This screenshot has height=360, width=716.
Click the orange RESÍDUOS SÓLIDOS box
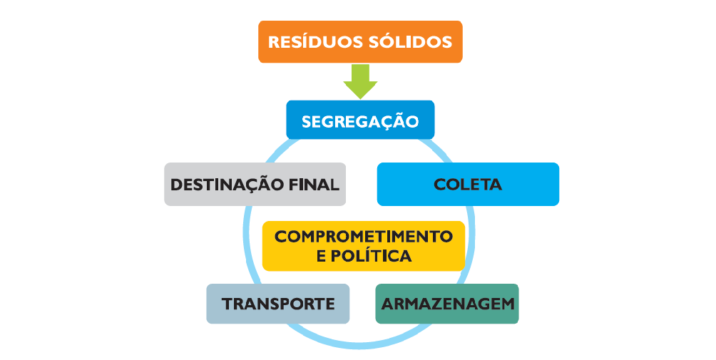pos(360,41)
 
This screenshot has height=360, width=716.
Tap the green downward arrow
pos(360,81)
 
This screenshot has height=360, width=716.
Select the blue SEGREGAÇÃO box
pos(360,120)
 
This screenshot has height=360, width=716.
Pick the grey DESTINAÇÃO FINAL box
pos(255,185)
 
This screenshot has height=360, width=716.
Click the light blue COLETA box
pos(468,185)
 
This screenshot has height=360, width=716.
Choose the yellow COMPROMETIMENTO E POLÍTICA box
pos(364,246)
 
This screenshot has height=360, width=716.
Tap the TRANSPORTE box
pos(278,304)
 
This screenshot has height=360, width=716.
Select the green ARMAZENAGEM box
pos(447,304)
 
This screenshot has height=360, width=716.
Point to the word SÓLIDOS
pos(410,41)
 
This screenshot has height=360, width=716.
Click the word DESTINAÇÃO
pos(227,185)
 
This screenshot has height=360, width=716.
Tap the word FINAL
pos(314,185)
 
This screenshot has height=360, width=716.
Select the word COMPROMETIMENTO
pos(364,237)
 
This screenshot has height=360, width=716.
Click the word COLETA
pos(468,185)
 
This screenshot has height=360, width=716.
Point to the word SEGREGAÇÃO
pos(360,121)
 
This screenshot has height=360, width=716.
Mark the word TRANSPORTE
pos(278,304)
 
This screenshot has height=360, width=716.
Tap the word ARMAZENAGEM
pos(448,304)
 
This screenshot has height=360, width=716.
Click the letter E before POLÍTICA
pos(322,256)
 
